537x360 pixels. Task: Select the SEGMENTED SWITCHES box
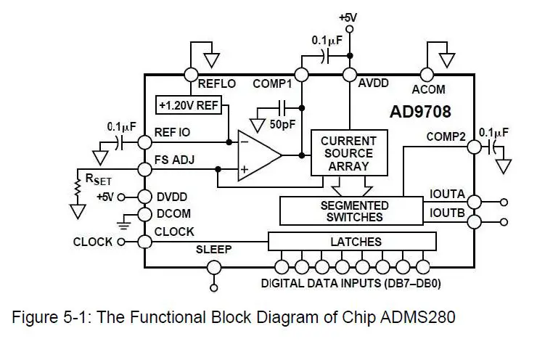[354, 211]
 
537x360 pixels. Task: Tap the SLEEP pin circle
[213, 268]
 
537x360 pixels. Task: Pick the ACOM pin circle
[427, 74]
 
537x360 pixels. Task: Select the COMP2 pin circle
[474, 146]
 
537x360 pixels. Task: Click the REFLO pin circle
[191, 74]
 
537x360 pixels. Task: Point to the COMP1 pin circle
[302, 74]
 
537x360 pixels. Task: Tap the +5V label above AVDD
[348, 17]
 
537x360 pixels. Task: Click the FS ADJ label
[175, 159]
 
